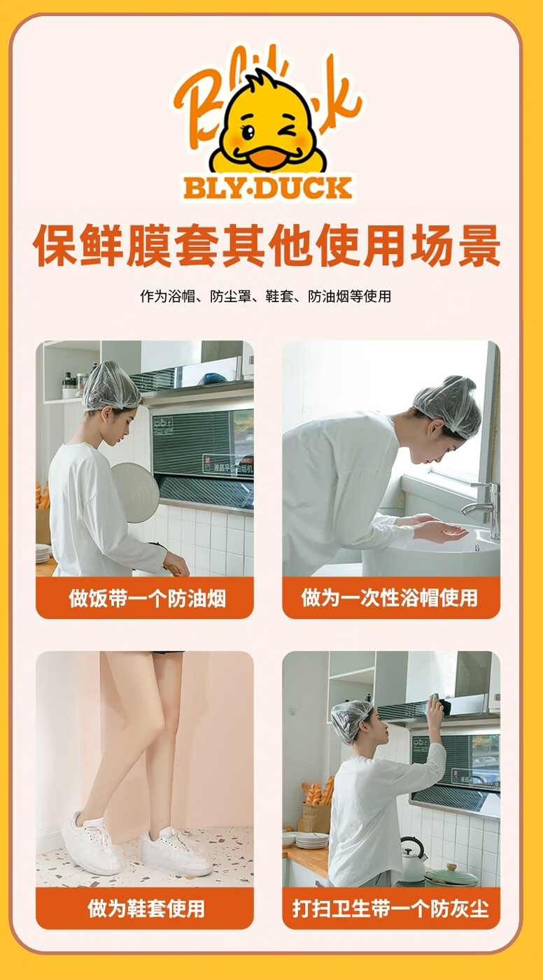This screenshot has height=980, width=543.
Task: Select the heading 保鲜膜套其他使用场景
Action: [x=267, y=245]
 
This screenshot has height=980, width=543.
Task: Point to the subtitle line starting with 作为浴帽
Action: [x=266, y=296]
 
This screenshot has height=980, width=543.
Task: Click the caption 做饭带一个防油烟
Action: [x=147, y=598]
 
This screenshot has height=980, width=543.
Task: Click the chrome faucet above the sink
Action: [x=485, y=508]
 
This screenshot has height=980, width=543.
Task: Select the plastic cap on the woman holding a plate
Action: [x=111, y=386]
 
